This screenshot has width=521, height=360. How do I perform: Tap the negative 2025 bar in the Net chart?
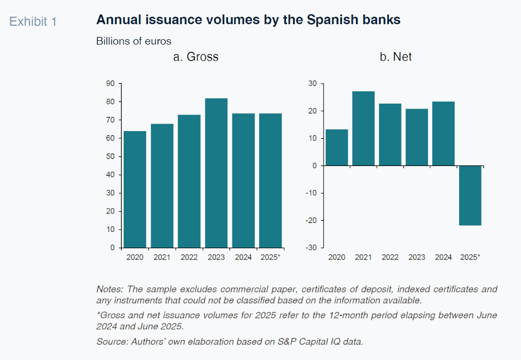(x=470, y=196)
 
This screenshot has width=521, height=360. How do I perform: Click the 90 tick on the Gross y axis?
(x=111, y=83)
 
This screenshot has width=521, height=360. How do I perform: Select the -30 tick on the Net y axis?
(x=310, y=248)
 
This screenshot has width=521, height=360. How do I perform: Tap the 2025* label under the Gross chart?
(x=270, y=257)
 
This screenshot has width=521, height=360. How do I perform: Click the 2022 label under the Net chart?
(x=390, y=257)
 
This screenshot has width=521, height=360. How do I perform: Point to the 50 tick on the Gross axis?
(x=111, y=156)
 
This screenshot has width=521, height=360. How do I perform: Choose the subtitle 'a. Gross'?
(x=196, y=56)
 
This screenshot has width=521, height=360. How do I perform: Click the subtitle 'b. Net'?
(x=396, y=56)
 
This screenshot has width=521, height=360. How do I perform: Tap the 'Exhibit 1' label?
(x=33, y=21)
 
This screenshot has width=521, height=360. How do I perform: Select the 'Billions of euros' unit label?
(x=133, y=41)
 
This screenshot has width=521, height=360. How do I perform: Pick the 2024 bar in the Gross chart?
(x=244, y=181)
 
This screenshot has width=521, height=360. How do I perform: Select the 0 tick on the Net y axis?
(x=314, y=165)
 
